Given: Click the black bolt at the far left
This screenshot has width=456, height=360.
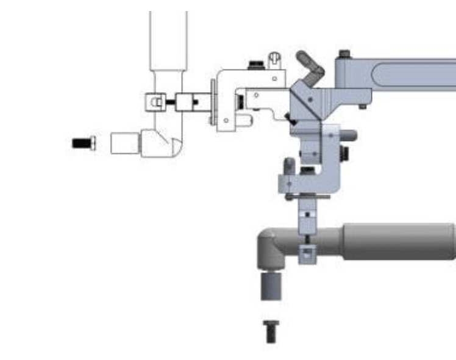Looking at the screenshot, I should pos(83,143).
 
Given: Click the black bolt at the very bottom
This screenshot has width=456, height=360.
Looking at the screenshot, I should pos(270,331).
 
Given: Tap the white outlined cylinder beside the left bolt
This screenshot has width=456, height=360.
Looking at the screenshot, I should pos(126,143).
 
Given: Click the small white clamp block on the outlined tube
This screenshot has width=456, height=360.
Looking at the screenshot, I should pos(156,101).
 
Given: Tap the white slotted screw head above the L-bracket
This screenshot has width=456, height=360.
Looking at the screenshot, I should pos(274,59).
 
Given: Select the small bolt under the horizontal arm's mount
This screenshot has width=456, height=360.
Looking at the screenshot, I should pos(363,106).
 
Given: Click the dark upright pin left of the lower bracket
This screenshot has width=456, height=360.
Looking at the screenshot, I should pos(290,166).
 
